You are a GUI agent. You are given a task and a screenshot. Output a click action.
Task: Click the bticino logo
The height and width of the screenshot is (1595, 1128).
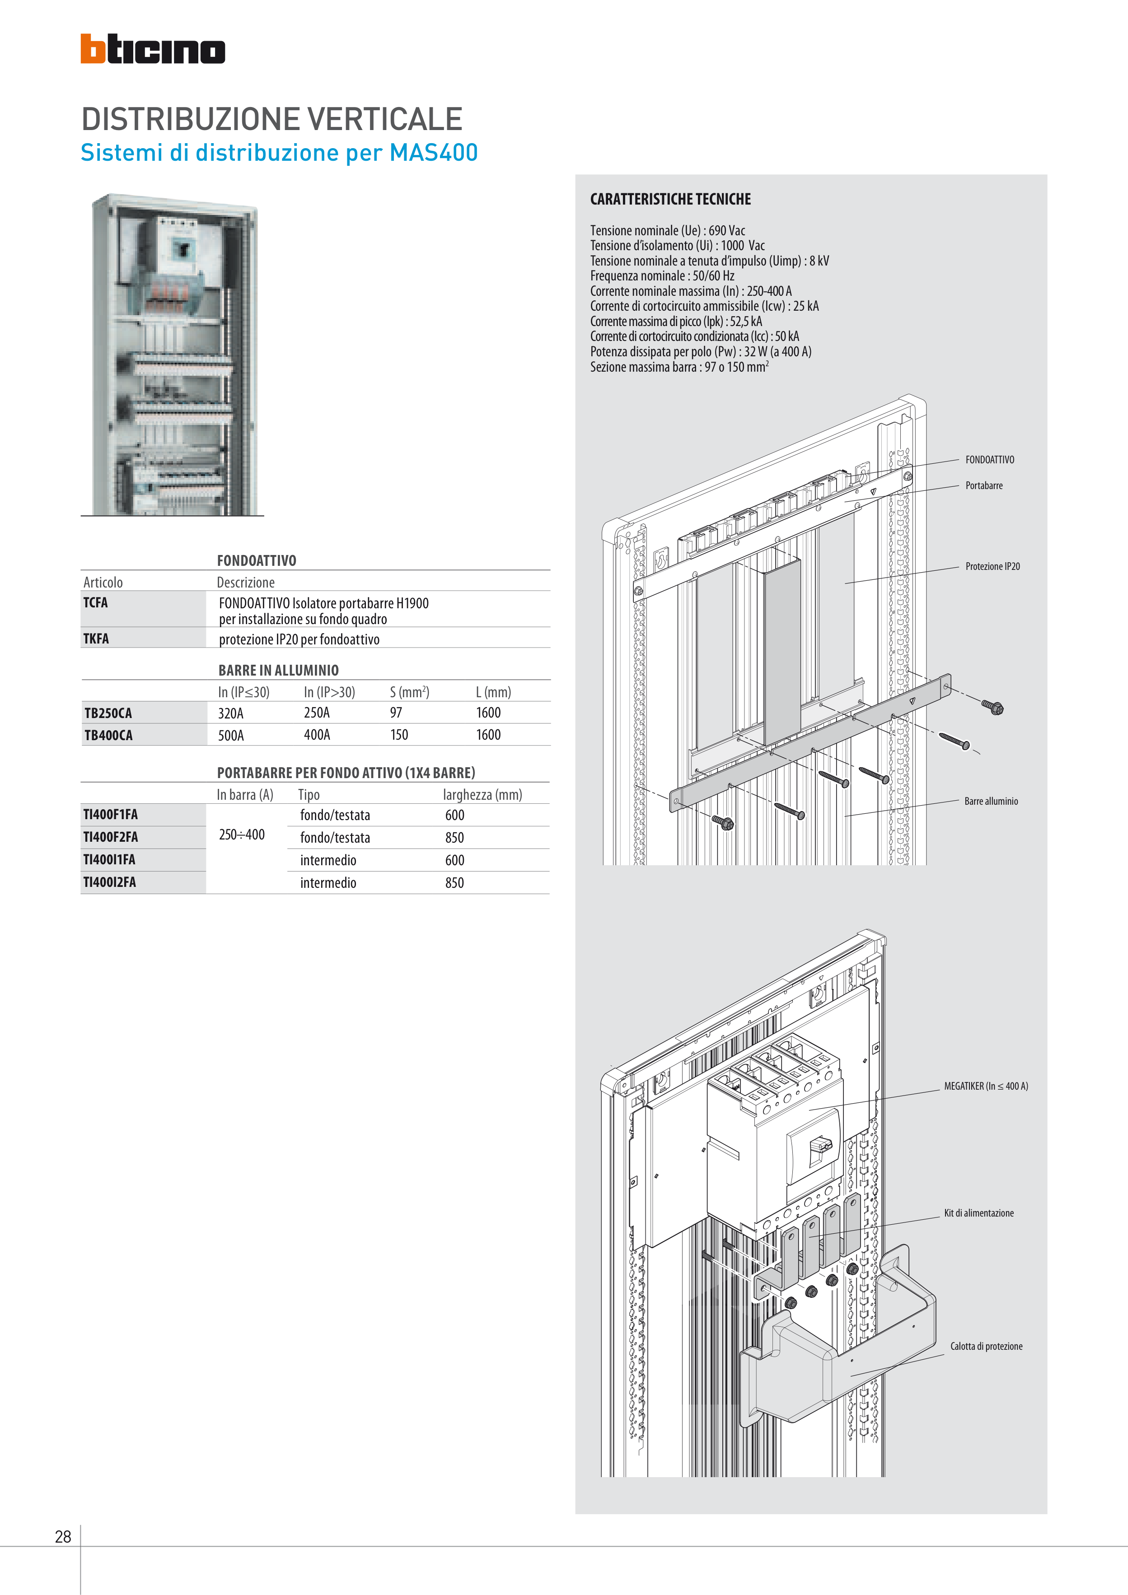[152, 49]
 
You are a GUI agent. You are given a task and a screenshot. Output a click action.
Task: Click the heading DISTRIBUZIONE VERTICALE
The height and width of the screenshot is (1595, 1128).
[272, 119]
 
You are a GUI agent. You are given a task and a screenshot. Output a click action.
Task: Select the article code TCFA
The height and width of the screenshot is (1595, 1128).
[96, 602]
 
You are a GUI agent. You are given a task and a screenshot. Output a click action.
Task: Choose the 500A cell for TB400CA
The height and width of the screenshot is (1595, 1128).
[231, 735]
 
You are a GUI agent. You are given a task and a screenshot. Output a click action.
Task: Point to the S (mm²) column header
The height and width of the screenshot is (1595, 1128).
[409, 692]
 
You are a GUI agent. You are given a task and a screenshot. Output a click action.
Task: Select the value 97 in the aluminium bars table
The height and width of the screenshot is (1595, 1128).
[396, 713]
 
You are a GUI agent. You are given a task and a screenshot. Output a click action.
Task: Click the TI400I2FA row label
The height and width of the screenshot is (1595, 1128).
[110, 882]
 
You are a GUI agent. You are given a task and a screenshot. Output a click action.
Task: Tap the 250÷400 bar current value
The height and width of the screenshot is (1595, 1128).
[242, 835]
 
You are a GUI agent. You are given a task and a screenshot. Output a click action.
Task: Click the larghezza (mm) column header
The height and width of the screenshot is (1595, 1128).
[482, 795]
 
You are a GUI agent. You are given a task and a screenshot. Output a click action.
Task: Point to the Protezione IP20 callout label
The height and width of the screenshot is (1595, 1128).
[992, 567]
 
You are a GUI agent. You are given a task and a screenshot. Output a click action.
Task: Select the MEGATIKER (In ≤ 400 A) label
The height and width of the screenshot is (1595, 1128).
[986, 1087]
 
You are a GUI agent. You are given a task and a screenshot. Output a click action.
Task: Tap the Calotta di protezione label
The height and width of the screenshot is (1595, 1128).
[986, 1346]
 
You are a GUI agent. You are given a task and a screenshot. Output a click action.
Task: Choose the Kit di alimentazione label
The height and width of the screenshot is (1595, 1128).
[978, 1213]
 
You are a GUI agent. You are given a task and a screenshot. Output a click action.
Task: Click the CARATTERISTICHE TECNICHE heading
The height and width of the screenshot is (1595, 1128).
[671, 200]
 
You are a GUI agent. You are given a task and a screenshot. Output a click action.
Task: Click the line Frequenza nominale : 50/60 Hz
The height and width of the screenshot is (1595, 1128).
[662, 276]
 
